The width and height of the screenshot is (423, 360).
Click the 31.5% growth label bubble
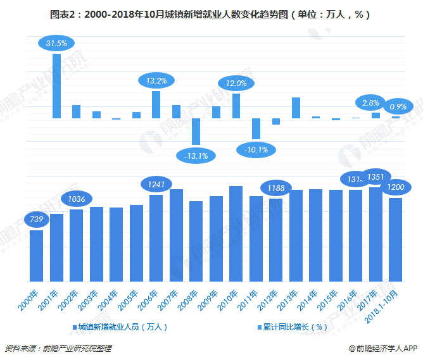[x=57, y=43]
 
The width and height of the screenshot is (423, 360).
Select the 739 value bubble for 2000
[x=36, y=219]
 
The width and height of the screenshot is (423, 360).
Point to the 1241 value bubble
[x=156, y=184]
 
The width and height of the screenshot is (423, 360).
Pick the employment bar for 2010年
[x=236, y=233]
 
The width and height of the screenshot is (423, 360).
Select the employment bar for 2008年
[x=196, y=241]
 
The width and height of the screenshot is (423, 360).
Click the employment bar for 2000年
[x=37, y=256]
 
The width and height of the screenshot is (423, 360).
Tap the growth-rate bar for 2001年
[x=56, y=86]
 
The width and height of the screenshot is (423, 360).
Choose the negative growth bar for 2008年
[x=196, y=132]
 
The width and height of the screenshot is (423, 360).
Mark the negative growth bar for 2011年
[x=256, y=128]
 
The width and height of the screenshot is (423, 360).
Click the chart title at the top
[x=211, y=13]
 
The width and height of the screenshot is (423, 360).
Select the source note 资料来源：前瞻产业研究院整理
[x=58, y=348]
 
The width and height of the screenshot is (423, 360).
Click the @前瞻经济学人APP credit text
[x=382, y=348]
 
